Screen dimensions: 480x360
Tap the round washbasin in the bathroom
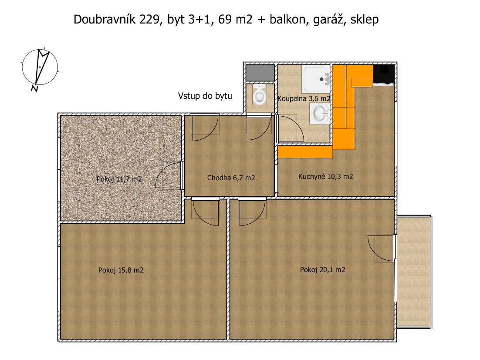(320, 113)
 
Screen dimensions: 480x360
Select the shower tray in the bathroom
(316, 79)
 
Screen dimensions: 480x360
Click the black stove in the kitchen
(384, 74)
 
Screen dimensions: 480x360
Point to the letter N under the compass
(34, 88)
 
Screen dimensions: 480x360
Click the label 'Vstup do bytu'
(205, 96)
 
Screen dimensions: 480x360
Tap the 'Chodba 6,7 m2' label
(231, 178)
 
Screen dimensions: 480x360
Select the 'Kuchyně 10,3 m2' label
(326, 176)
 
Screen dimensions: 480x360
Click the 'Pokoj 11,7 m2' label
(119, 179)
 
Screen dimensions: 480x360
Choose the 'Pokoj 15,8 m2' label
(121, 270)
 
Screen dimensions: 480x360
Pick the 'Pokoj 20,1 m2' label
(323, 270)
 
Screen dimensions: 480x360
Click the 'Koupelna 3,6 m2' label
(304, 98)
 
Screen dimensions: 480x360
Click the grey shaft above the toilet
(260, 73)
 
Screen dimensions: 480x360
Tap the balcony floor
(413, 272)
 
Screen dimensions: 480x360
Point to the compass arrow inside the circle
(42, 66)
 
